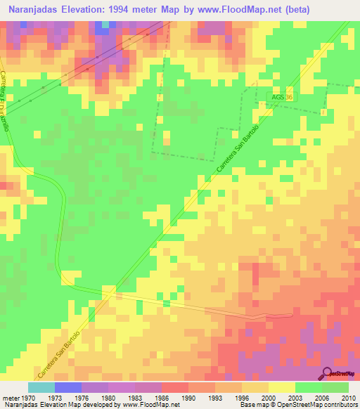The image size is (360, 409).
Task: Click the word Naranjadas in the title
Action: pyautogui.click(x=32, y=9)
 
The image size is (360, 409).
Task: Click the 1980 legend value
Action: pyautogui.click(x=108, y=397)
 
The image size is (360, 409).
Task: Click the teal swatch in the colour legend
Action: pyautogui.click(x=41, y=387)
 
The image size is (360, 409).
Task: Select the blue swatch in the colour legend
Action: pyautogui.click(x=67, y=387)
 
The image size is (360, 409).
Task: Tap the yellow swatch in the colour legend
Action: pyautogui.click(x=281, y=387)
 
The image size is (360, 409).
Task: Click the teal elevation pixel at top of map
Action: pyautogui.click(x=105, y=25)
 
